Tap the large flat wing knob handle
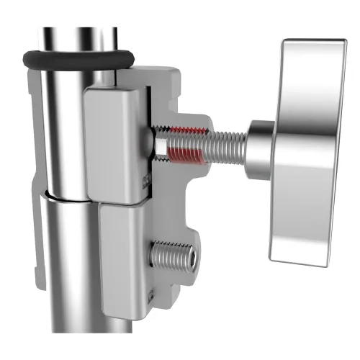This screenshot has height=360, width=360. point(306,144)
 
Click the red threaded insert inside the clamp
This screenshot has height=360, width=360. point(189,140)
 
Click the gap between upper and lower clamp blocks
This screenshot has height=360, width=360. point(122,202)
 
